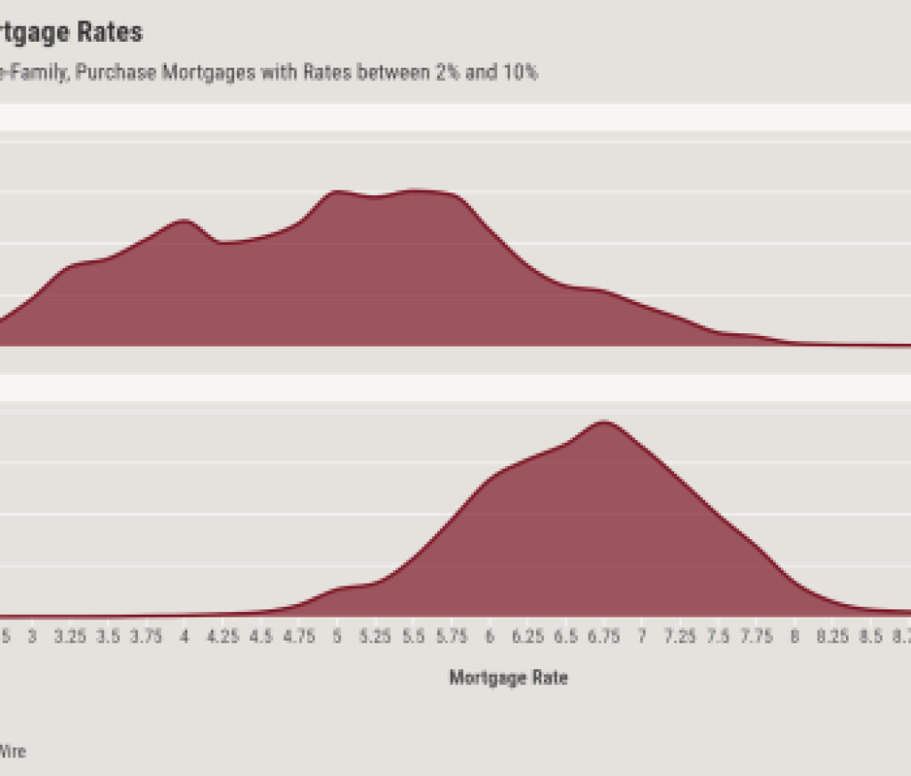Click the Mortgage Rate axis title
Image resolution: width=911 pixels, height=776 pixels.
[x=508, y=678]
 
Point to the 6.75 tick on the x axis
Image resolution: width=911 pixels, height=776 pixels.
[x=604, y=637]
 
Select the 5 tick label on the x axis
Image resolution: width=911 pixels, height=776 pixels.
[x=337, y=637]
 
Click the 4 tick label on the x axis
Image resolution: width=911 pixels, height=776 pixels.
[x=184, y=637]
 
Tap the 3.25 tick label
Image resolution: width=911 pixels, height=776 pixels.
[x=69, y=637]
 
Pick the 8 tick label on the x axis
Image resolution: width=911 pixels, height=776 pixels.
[x=794, y=637]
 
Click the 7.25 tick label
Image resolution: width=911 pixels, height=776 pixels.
[x=680, y=637]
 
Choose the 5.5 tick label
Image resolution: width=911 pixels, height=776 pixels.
[x=413, y=637]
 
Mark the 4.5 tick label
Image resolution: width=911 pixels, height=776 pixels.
[x=261, y=637]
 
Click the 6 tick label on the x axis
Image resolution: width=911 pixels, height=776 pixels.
[x=490, y=637]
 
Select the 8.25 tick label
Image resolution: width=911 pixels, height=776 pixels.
[x=833, y=637]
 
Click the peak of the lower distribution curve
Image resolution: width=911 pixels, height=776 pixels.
[x=605, y=422]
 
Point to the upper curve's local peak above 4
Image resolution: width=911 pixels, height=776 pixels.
[x=183, y=221]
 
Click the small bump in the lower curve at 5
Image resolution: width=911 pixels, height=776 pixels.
[x=338, y=589]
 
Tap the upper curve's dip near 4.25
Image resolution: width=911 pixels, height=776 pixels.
[x=221, y=242]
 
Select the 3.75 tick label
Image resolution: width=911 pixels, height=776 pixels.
[x=146, y=637]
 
